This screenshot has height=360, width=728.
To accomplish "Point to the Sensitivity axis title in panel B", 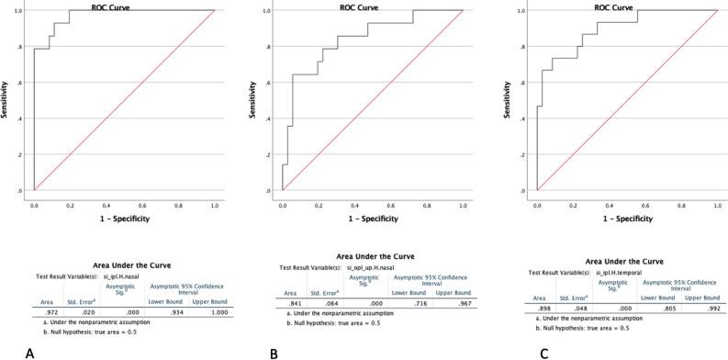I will (x=266, y=101).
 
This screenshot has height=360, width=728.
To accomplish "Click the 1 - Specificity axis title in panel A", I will (x=124, y=218).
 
